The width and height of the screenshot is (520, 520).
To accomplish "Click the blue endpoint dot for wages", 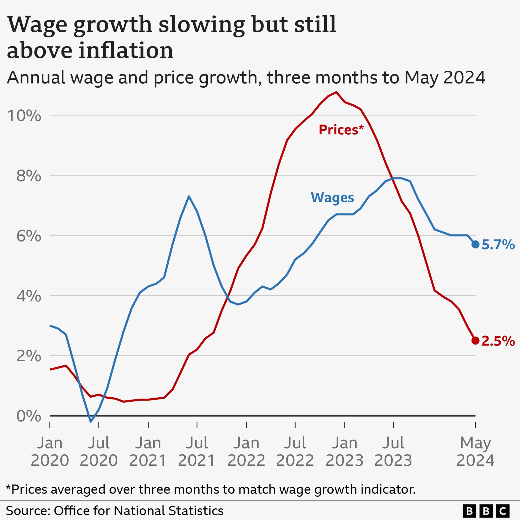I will [x=475, y=245].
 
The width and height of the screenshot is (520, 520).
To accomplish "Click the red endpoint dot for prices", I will [x=475, y=340].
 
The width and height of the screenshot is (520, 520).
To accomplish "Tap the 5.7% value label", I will [x=498, y=245].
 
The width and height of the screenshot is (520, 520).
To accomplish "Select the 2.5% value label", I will [x=498, y=341].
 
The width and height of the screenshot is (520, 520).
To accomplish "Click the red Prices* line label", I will [x=341, y=130].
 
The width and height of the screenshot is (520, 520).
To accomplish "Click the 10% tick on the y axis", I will [x=24, y=116].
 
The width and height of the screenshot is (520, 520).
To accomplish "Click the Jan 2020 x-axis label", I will [x=50, y=451].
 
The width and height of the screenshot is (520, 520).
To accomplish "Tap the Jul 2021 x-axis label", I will [x=197, y=451].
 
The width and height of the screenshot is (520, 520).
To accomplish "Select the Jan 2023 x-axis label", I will [x=345, y=451].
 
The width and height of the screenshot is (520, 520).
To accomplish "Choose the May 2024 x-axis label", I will [x=475, y=451].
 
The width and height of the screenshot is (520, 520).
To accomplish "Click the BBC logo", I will [x=486, y=511].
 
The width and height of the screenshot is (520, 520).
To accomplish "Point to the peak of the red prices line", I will [x=336, y=92].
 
